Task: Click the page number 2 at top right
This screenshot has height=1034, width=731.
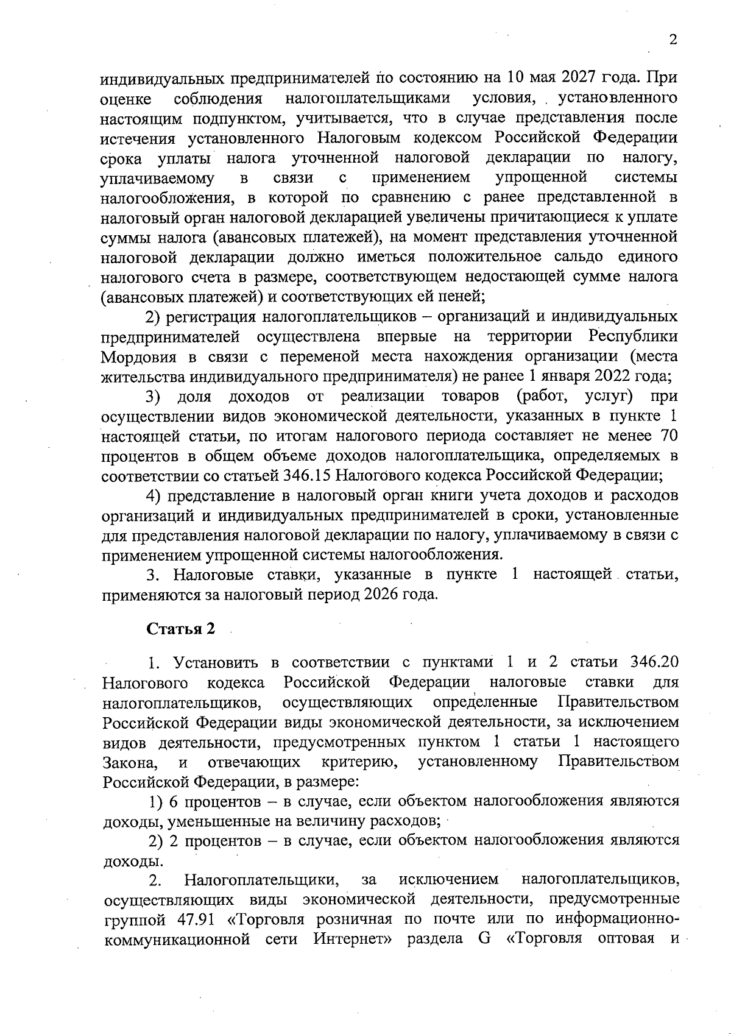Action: pos(673,40)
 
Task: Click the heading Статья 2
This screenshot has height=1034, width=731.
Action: pos(181,629)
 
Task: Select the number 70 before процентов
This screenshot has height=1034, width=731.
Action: pos(666,436)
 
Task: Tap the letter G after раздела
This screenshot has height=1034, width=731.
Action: pos(485,939)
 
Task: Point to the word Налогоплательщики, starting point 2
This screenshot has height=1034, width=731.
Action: pos(262,880)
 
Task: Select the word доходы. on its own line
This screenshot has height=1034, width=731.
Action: pos(132,861)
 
